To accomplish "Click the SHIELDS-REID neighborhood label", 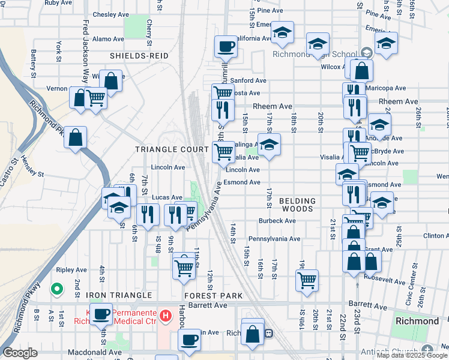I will click(x=138, y=56).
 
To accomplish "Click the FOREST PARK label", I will click(x=214, y=296).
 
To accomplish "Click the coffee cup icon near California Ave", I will click(x=226, y=46).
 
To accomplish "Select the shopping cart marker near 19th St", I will click(x=307, y=280).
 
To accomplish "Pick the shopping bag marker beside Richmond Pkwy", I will click(x=75, y=138).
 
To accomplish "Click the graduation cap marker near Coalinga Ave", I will click(x=269, y=144).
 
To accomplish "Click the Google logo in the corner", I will click(x=20, y=353).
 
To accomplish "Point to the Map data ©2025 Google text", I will click(x=412, y=355).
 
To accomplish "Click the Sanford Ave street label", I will click(x=248, y=80).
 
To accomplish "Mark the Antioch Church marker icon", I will click(x=427, y=349).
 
